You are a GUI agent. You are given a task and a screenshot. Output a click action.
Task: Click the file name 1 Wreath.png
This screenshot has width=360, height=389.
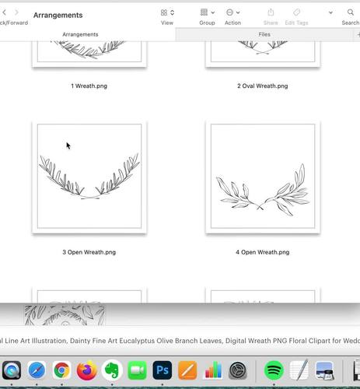(89, 86)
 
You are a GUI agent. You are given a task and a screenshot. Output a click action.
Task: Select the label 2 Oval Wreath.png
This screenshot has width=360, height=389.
(262, 86)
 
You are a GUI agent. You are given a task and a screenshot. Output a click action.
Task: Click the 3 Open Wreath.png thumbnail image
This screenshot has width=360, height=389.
(89, 177)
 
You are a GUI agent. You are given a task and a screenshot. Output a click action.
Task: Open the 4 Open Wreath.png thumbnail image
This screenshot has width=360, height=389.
(262, 177)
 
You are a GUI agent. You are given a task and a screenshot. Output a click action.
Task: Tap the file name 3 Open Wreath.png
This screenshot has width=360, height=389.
(89, 252)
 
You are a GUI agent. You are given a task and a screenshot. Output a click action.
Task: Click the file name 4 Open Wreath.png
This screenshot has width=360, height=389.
(262, 252)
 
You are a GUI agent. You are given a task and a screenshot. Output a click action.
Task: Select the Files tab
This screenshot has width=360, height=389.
(265, 34)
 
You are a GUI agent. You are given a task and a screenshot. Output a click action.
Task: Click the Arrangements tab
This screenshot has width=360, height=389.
(80, 34)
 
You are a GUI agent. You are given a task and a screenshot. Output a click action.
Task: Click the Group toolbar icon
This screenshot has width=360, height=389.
(207, 13)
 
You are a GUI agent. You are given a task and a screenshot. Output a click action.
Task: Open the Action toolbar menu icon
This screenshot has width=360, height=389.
(232, 13)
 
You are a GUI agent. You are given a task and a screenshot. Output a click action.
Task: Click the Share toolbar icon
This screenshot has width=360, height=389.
(271, 13)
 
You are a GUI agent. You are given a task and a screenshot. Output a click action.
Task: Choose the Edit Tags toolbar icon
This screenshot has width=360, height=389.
(296, 13)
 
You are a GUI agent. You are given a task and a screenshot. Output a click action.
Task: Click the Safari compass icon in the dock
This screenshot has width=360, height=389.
(37, 370)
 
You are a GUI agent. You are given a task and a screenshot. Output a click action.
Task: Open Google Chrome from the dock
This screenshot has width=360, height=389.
(62, 370)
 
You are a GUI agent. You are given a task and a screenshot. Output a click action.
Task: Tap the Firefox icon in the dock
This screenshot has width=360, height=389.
(87, 370)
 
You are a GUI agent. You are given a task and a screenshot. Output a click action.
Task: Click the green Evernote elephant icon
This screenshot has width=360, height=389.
(112, 370)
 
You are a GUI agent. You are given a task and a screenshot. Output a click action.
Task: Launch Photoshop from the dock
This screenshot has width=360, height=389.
(163, 370)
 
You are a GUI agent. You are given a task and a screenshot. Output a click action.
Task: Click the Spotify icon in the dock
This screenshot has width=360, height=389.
(273, 370)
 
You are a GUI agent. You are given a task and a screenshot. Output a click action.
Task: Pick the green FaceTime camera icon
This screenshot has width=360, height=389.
(137, 370)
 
